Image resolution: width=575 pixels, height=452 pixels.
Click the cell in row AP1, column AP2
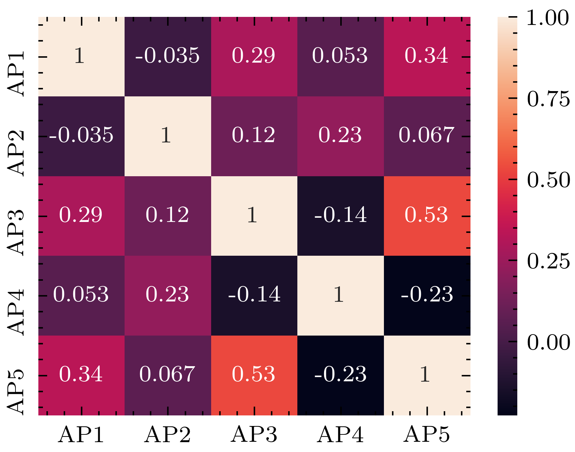[x=168, y=56]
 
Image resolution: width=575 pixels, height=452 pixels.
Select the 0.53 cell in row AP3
[x=427, y=216]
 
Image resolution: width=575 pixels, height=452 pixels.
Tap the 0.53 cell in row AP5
[x=254, y=375]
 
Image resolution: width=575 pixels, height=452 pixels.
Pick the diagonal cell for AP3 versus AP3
[x=254, y=216]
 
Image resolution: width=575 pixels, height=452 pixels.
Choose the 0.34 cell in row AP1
[x=427, y=56]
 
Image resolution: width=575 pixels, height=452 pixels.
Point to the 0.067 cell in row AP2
[x=427, y=136]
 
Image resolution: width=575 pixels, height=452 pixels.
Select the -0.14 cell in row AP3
[x=341, y=216]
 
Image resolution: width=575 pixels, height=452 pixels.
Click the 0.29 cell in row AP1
[x=254, y=56]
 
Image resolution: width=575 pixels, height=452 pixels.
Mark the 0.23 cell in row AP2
[x=341, y=136]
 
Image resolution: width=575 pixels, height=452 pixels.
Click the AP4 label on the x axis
[x=340, y=435]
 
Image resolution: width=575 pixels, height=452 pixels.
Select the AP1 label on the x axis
[x=81, y=435]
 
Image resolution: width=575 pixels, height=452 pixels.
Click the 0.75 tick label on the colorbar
[x=548, y=99]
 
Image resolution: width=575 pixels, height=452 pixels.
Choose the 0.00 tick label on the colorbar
[x=548, y=342]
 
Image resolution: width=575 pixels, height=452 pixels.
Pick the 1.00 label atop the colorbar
[x=547, y=18]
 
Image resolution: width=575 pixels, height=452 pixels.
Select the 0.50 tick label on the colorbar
[x=548, y=180]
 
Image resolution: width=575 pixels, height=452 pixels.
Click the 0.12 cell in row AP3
[x=168, y=216]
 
